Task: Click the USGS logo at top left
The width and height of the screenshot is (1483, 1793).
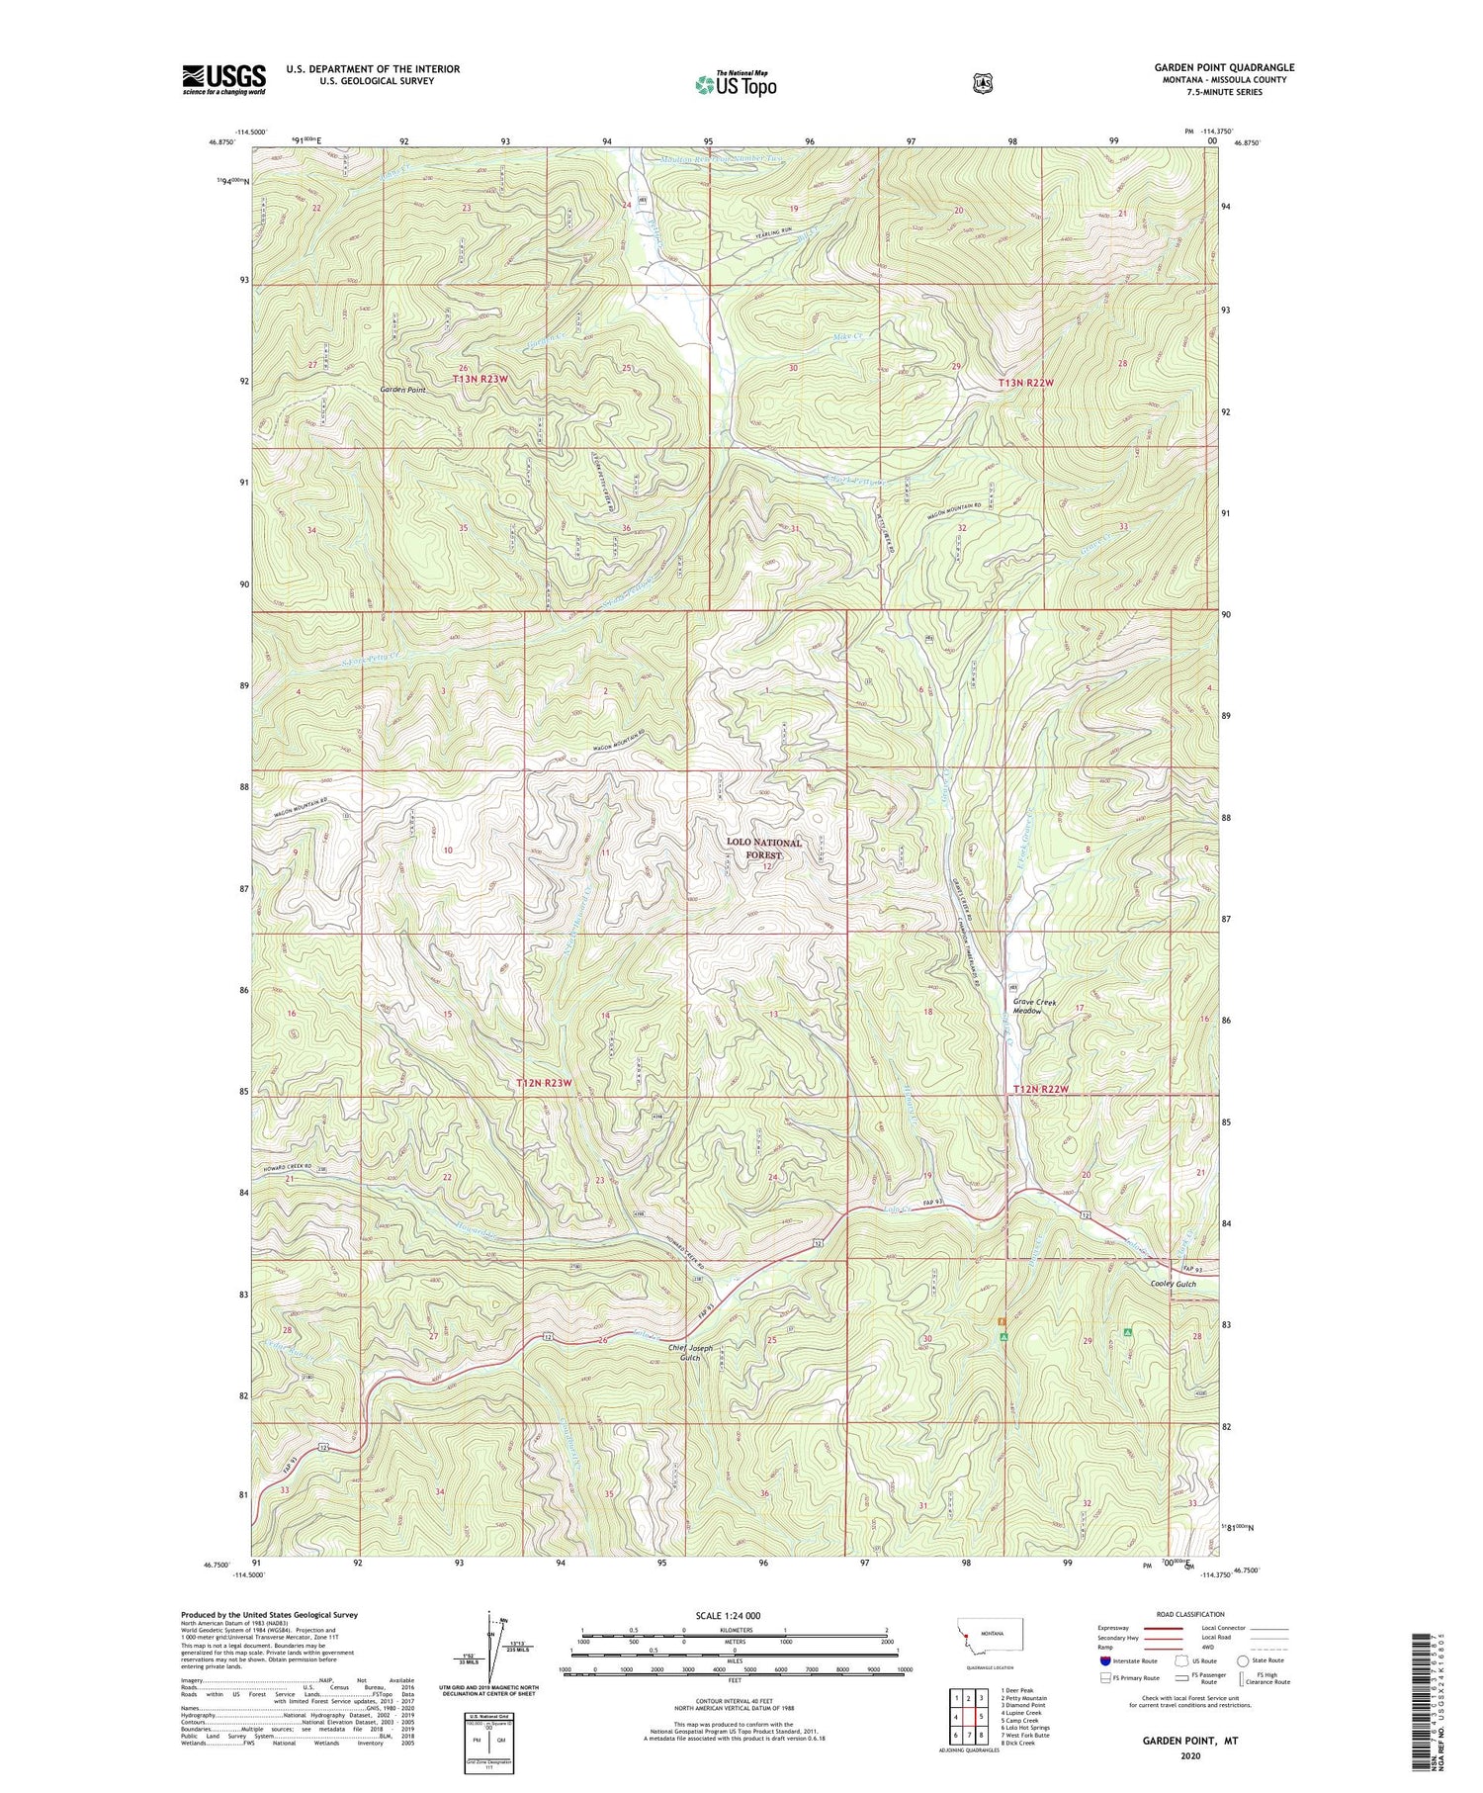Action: tap(224, 78)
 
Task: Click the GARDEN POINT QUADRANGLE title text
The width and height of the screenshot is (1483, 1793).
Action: tap(1223, 67)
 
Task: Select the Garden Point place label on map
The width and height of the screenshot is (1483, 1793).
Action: tap(403, 390)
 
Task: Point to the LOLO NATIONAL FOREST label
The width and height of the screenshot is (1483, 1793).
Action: tap(764, 848)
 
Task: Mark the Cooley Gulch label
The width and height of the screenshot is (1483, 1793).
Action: tap(1173, 1284)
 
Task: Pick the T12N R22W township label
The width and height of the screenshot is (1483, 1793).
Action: tap(1041, 1089)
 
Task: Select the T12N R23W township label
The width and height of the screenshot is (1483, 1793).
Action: tap(543, 1083)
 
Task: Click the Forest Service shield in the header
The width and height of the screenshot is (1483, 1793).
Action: tap(982, 84)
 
